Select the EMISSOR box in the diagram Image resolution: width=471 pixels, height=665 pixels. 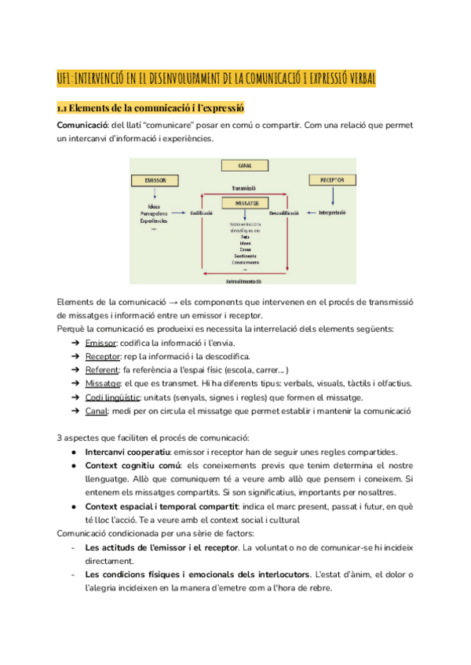click(155, 180)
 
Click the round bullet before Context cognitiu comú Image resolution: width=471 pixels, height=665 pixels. click(73, 464)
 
